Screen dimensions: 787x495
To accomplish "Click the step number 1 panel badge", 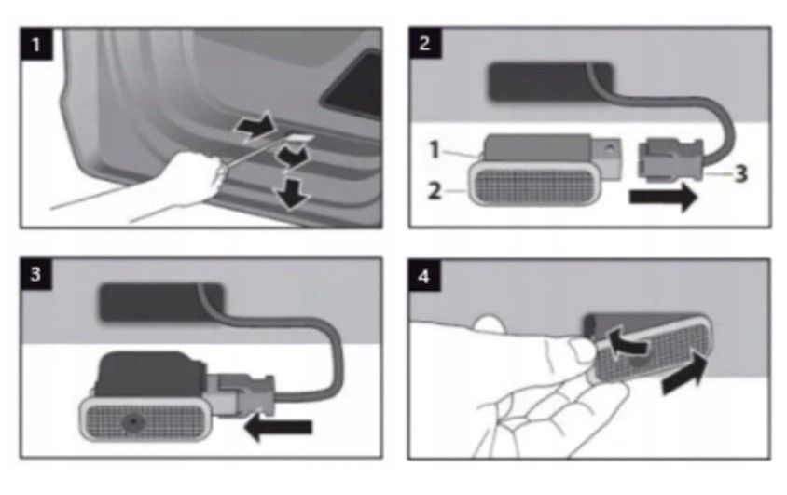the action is [36, 44].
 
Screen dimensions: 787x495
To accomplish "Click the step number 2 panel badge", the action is [424, 43].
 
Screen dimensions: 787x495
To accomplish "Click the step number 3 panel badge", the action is [35, 274].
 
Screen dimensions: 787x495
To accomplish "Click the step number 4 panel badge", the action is [424, 276].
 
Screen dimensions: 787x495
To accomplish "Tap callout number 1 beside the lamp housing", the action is [435, 149].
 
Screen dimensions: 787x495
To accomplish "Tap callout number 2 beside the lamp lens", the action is [435, 190].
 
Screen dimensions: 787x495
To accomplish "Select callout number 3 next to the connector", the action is [740, 174].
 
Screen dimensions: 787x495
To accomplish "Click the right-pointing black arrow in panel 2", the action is [663, 197].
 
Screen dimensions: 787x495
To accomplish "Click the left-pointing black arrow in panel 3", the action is [278, 427].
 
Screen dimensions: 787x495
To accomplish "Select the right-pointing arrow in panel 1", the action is [255, 127].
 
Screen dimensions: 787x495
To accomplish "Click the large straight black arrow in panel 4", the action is [684, 374].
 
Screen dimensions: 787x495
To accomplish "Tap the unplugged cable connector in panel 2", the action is [670, 159].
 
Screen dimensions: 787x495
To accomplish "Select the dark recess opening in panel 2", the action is [550, 82].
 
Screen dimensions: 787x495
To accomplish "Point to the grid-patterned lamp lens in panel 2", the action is [535, 186].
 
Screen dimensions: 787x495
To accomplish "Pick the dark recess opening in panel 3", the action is [161, 302].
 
